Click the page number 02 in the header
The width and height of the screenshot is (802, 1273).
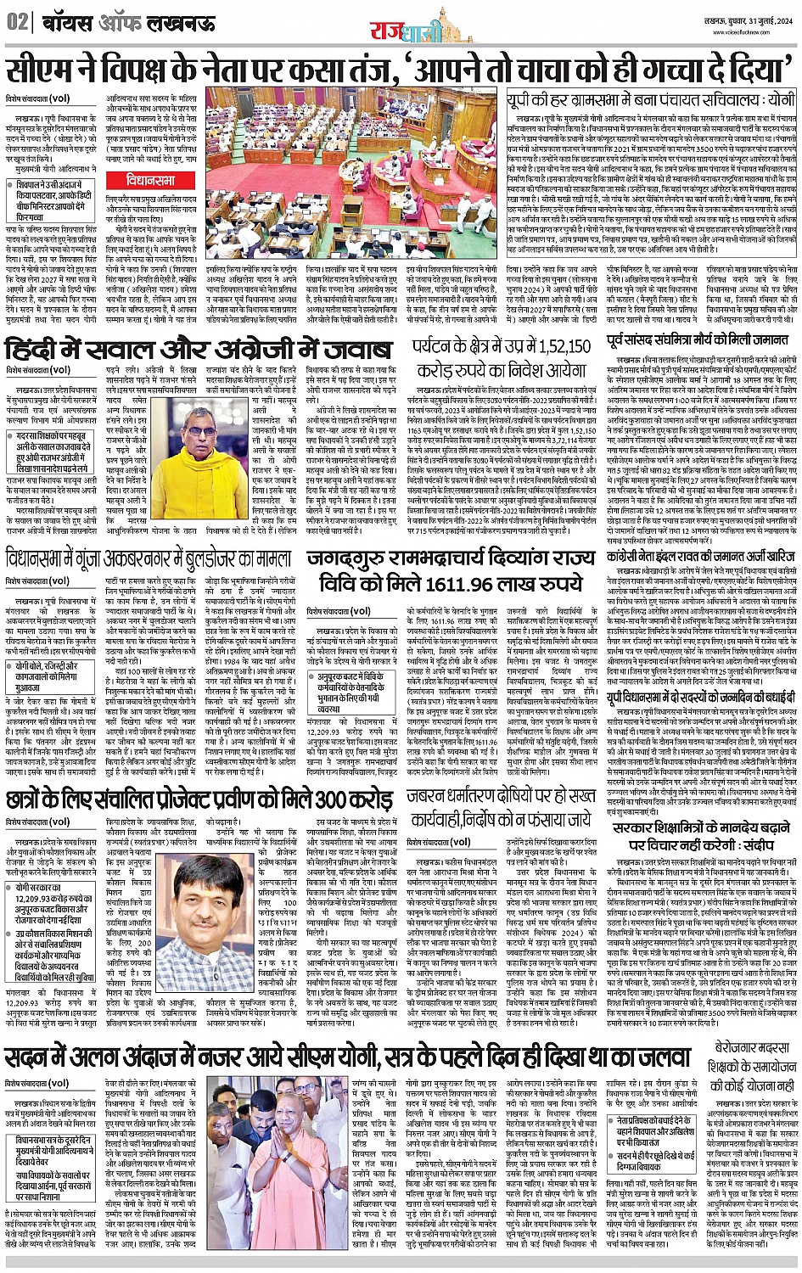pyautogui.click(x=16, y=23)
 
